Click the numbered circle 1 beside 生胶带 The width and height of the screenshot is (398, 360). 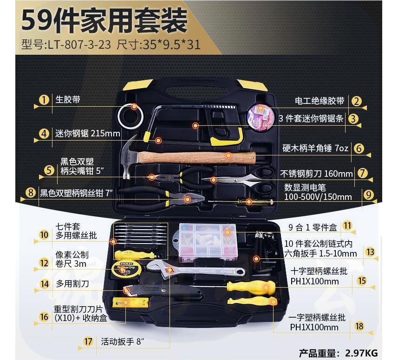click(44, 100)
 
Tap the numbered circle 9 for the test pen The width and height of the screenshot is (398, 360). click(368, 195)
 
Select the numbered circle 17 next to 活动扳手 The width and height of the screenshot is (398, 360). click(88, 341)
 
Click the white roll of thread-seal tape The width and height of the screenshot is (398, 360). click(130, 116)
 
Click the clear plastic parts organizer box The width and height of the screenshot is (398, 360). click(208, 242)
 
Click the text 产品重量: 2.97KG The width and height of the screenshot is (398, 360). click(338, 353)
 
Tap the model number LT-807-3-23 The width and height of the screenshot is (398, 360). click(79, 45)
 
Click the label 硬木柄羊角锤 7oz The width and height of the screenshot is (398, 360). click(315, 148)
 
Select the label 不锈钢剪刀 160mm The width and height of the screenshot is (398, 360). click(316, 174)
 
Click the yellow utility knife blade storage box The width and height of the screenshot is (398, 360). click(130, 302)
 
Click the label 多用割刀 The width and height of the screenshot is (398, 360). click(72, 284)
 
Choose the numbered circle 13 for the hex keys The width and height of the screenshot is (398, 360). click(370, 252)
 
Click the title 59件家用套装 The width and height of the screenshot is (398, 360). click(104, 20)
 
